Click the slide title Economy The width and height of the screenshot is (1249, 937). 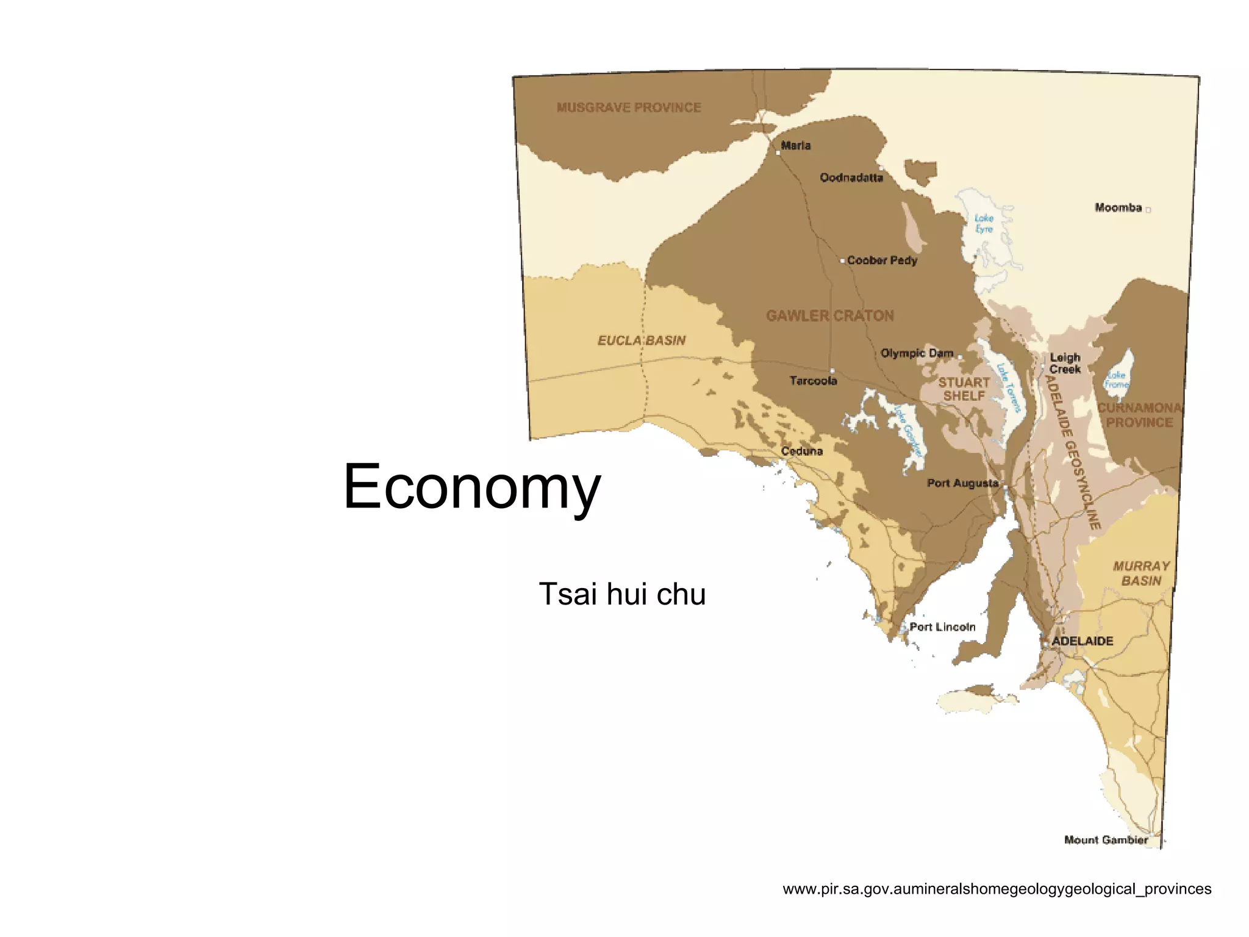coord(472,487)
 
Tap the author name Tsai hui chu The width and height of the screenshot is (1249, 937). coord(622,594)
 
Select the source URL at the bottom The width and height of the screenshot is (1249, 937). coord(997,889)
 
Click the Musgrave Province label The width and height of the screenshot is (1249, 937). coord(629,107)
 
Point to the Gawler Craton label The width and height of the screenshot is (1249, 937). coord(830,315)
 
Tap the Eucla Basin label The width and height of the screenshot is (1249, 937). coord(642,340)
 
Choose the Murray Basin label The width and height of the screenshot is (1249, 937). coord(1141,573)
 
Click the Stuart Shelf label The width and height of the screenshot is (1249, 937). coord(964,389)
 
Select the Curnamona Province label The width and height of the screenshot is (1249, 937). coord(1139,415)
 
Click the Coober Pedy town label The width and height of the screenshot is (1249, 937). coord(882,260)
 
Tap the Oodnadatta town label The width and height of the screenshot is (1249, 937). coord(851,178)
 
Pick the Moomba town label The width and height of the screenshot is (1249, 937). coord(1118,207)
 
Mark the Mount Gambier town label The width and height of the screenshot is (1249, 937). coord(1106,840)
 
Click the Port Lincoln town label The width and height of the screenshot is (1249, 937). coord(942,626)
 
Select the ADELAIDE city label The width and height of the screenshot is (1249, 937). coord(1083,641)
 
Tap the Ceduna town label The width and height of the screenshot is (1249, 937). coord(802,451)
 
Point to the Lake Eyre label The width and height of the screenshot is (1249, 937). coord(984,223)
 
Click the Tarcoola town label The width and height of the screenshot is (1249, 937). coord(814,381)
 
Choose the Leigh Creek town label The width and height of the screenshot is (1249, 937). coord(1065,363)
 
